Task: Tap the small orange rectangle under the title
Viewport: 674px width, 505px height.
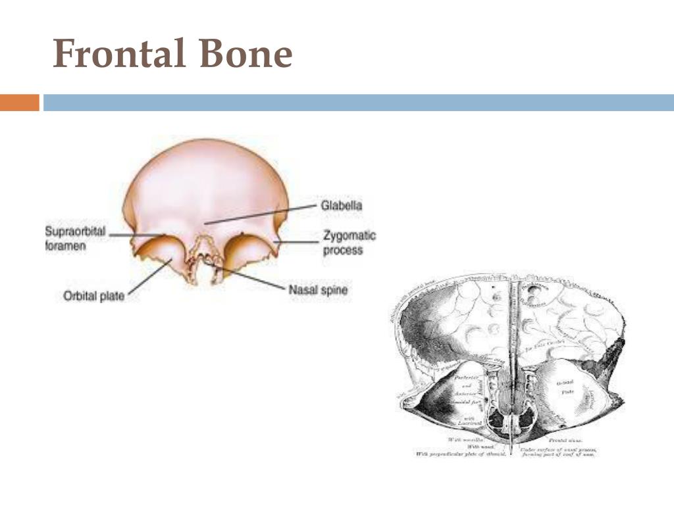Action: [x=19, y=103]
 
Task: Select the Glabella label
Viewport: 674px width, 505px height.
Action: [x=342, y=206]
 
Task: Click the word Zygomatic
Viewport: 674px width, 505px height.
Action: [x=350, y=235]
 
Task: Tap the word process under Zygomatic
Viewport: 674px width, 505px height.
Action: [x=343, y=251]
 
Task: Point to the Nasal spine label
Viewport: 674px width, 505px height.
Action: [x=318, y=289]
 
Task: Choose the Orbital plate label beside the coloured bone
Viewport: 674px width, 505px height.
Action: [x=93, y=296]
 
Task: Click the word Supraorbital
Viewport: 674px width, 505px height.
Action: [x=75, y=231]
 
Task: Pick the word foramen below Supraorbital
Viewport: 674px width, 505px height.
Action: [x=66, y=247]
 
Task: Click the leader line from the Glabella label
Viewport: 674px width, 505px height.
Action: [x=263, y=214]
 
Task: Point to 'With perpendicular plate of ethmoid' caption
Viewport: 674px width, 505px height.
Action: [x=461, y=454]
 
